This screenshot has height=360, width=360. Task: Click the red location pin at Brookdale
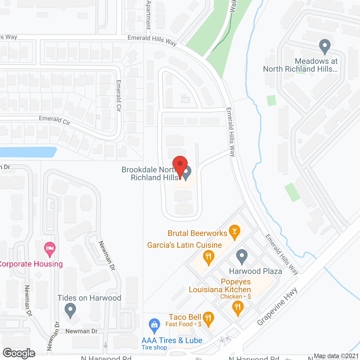pyautogui.click(x=180, y=165)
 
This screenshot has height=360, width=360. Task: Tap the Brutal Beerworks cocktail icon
pyautogui.click(x=235, y=231)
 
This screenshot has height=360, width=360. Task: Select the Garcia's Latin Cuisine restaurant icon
pyautogui.click(x=208, y=257)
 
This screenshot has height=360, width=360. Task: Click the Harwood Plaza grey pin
pyautogui.click(x=242, y=256)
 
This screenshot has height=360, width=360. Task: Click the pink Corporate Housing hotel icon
pyautogui.click(x=50, y=248)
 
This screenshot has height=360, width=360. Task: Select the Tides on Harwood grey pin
pyautogui.click(x=70, y=310)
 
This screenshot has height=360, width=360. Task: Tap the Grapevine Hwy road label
pyautogui.click(x=277, y=307)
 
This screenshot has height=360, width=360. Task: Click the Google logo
pyautogui.click(x=19, y=353)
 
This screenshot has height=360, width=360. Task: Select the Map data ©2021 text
pyautogui.click(x=336, y=356)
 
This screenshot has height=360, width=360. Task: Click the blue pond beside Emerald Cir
pyautogui.click(x=28, y=152)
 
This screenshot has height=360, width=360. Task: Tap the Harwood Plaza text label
pyautogui.click(x=255, y=271)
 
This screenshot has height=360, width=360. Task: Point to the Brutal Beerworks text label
pyautogui.click(x=197, y=233)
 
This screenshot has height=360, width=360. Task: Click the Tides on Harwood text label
pyautogui.click(x=89, y=298)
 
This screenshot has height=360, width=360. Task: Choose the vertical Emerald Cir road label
pyautogui.click(x=119, y=96)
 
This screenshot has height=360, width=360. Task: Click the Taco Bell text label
pyautogui.click(x=185, y=317)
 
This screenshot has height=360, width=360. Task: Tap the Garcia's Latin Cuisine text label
pyautogui.click(x=184, y=245)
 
